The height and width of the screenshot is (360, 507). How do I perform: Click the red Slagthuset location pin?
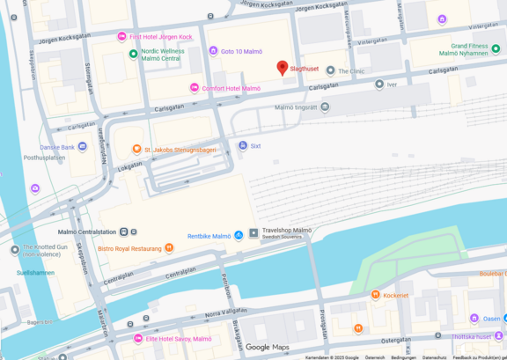pos(283,68)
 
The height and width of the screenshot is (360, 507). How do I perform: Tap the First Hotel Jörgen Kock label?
pos(160,37)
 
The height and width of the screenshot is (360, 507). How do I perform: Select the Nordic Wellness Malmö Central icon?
pos(132,53)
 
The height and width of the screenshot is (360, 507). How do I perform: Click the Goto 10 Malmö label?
pos(241,51)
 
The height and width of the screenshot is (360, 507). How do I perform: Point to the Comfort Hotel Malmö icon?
pos(195,88)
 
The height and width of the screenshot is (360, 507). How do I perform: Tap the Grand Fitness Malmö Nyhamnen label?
pos(468,49)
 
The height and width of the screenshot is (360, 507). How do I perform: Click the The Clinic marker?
pos(331,70)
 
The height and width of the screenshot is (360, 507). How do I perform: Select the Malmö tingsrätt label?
pos(296,107)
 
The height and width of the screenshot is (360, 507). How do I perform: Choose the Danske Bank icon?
pos(83,146)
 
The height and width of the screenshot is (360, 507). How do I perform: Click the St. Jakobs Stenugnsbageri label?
pos(180,150)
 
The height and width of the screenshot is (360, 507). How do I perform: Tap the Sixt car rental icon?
pos(243,146)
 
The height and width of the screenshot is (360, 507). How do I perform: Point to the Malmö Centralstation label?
pos(86,231)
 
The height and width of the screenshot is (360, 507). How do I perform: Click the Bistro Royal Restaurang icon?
pos(169,248)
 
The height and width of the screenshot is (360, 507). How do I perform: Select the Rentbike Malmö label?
pos(209,236)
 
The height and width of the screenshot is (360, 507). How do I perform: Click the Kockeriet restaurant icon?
pos(376,295)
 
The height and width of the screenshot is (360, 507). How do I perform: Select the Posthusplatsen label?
pos(44,158)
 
